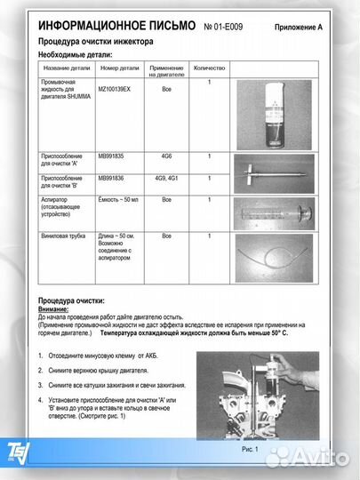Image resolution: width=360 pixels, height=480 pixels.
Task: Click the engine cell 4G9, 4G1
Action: pyautogui.click(x=166, y=177)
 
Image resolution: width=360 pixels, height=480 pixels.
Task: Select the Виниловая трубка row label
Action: pyautogui.click(x=64, y=236)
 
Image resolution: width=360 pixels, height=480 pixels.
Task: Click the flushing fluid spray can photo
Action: pyautogui.click(x=276, y=110)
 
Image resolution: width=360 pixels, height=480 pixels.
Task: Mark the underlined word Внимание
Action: pyautogui.click(x=56, y=309)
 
